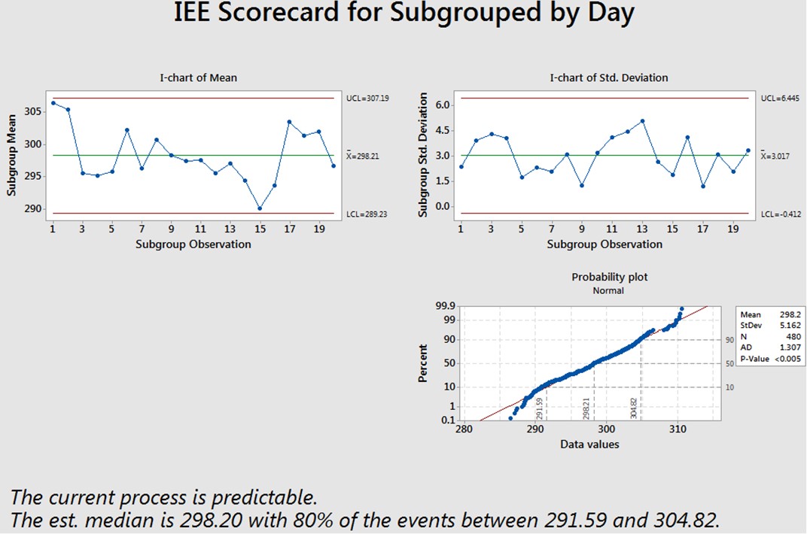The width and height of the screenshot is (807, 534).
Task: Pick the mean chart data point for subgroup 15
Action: tap(259, 208)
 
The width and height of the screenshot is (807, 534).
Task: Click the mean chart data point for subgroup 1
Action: tap(53, 103)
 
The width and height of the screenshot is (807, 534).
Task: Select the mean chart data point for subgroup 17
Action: tap(289, 122)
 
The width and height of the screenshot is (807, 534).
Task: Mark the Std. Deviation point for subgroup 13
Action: tap(642, 121)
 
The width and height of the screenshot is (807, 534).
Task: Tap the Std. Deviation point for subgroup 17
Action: tap(702, 187)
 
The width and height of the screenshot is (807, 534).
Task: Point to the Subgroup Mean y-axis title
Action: tap(14, 159)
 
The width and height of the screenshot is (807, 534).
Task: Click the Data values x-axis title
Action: tap(589, 444)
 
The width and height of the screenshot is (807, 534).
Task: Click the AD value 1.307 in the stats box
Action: tap(784, 347)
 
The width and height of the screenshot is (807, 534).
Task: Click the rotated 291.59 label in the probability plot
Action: tap(540, 409)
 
